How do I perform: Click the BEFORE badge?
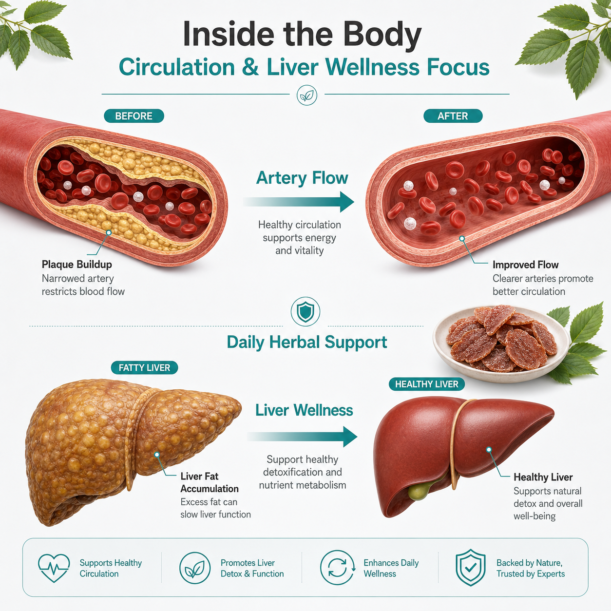(x=134, y=116)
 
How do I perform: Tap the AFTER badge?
(x=453, y=116)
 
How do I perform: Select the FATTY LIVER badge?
(x=144, y=367)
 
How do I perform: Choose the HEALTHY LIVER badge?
(x=426, y=384)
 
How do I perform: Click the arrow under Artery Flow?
(x=298, y=202)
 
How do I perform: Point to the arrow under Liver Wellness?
(x=302, y=437)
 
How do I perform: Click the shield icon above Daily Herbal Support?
(x=305, y=311)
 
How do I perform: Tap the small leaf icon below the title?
(x=307, y=95)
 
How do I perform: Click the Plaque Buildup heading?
(x=76, y=265)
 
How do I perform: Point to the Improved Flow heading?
(x=525, y=265)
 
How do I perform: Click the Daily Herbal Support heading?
(x=307, y=343)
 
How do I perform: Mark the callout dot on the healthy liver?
(x=489, y=449)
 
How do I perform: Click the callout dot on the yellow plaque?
(x=109, y=233)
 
